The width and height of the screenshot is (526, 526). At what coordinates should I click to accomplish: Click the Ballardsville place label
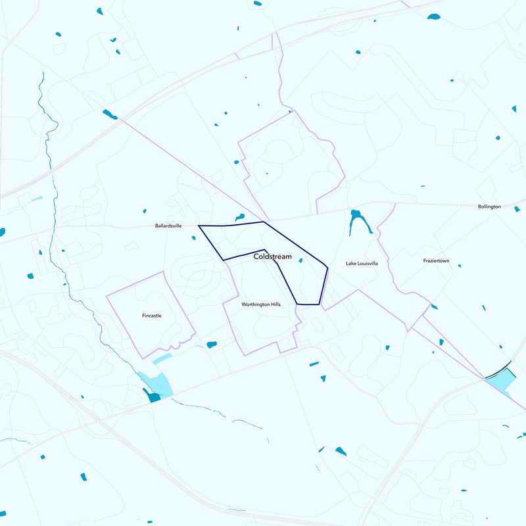tap(168, 226)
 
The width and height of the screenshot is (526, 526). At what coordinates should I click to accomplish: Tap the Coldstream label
tap(272, 256)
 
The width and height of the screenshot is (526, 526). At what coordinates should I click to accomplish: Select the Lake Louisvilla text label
tap(362, 263)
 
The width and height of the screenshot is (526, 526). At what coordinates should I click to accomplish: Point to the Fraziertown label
tap(436, 261)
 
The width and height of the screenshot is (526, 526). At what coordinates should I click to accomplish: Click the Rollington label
tap(489, 206)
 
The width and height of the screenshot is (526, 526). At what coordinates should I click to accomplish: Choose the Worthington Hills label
tap(261, 304)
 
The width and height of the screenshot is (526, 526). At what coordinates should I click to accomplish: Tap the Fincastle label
tap(151, 316)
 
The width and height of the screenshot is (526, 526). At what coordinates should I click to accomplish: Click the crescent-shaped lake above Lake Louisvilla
tap(360, 222)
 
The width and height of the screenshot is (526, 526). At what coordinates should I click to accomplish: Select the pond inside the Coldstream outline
tap(301, 261)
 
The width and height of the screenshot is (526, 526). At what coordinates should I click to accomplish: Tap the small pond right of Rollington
tap(517, 209)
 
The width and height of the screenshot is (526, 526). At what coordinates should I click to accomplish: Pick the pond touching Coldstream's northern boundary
tap(240, 216)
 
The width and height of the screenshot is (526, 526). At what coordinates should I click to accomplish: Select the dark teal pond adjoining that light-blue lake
tap(153, 397)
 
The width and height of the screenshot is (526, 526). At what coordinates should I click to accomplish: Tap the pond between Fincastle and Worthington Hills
tap(212, 345)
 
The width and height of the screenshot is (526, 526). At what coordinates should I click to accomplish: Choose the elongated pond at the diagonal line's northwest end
tap(110, 114)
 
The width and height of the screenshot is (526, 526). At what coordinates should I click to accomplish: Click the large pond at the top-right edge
tap(433, 16)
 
